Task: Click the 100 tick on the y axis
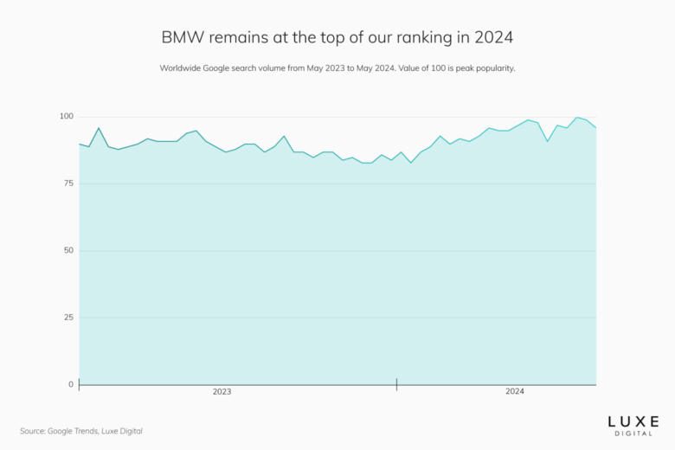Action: pyautogui.click(x=66, y=117)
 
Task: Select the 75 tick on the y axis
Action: pyautogui.click(x=68, y=183)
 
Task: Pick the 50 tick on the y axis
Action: pyautogui.click(x=68, y=251)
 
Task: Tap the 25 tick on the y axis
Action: pyautogui.click(x=68, y=318)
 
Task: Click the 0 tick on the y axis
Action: pyautogui.click(x=71, y=384)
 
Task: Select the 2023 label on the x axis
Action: pyautogui.click(x=222, y=392)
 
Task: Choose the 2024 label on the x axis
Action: pyautogui.click(x=515, y=392)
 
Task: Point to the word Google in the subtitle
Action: pyautogui.click(x=222, y=68)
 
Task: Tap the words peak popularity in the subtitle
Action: pyautogui.click(x=482, y=68)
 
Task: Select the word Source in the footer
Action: pyautogui.click(x=34, y=430)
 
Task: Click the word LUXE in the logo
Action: pyautogui.click(x=633, y=421)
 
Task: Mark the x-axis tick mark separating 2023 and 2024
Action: pyautogui.click(x=396, y=384)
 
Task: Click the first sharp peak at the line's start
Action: pyautogui.click(x=99, y=128)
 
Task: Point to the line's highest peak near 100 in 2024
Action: pyautogui.click(x=577, y=118)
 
